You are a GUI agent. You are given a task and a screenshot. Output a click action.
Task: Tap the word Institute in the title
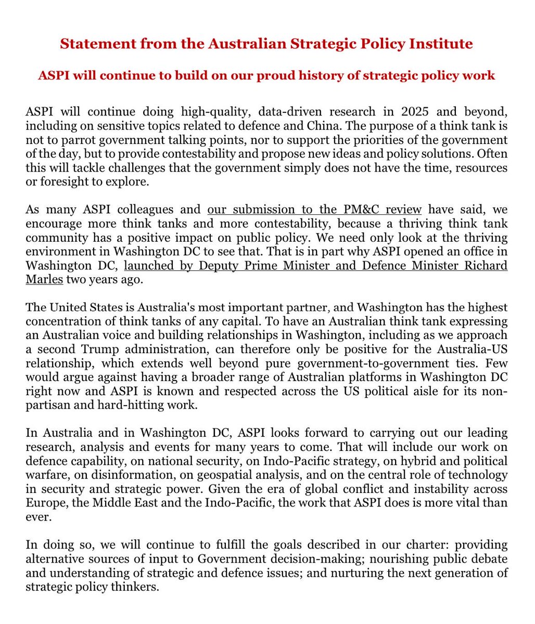coord(440,44)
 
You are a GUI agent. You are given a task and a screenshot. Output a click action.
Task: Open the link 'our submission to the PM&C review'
coord(314,210)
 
